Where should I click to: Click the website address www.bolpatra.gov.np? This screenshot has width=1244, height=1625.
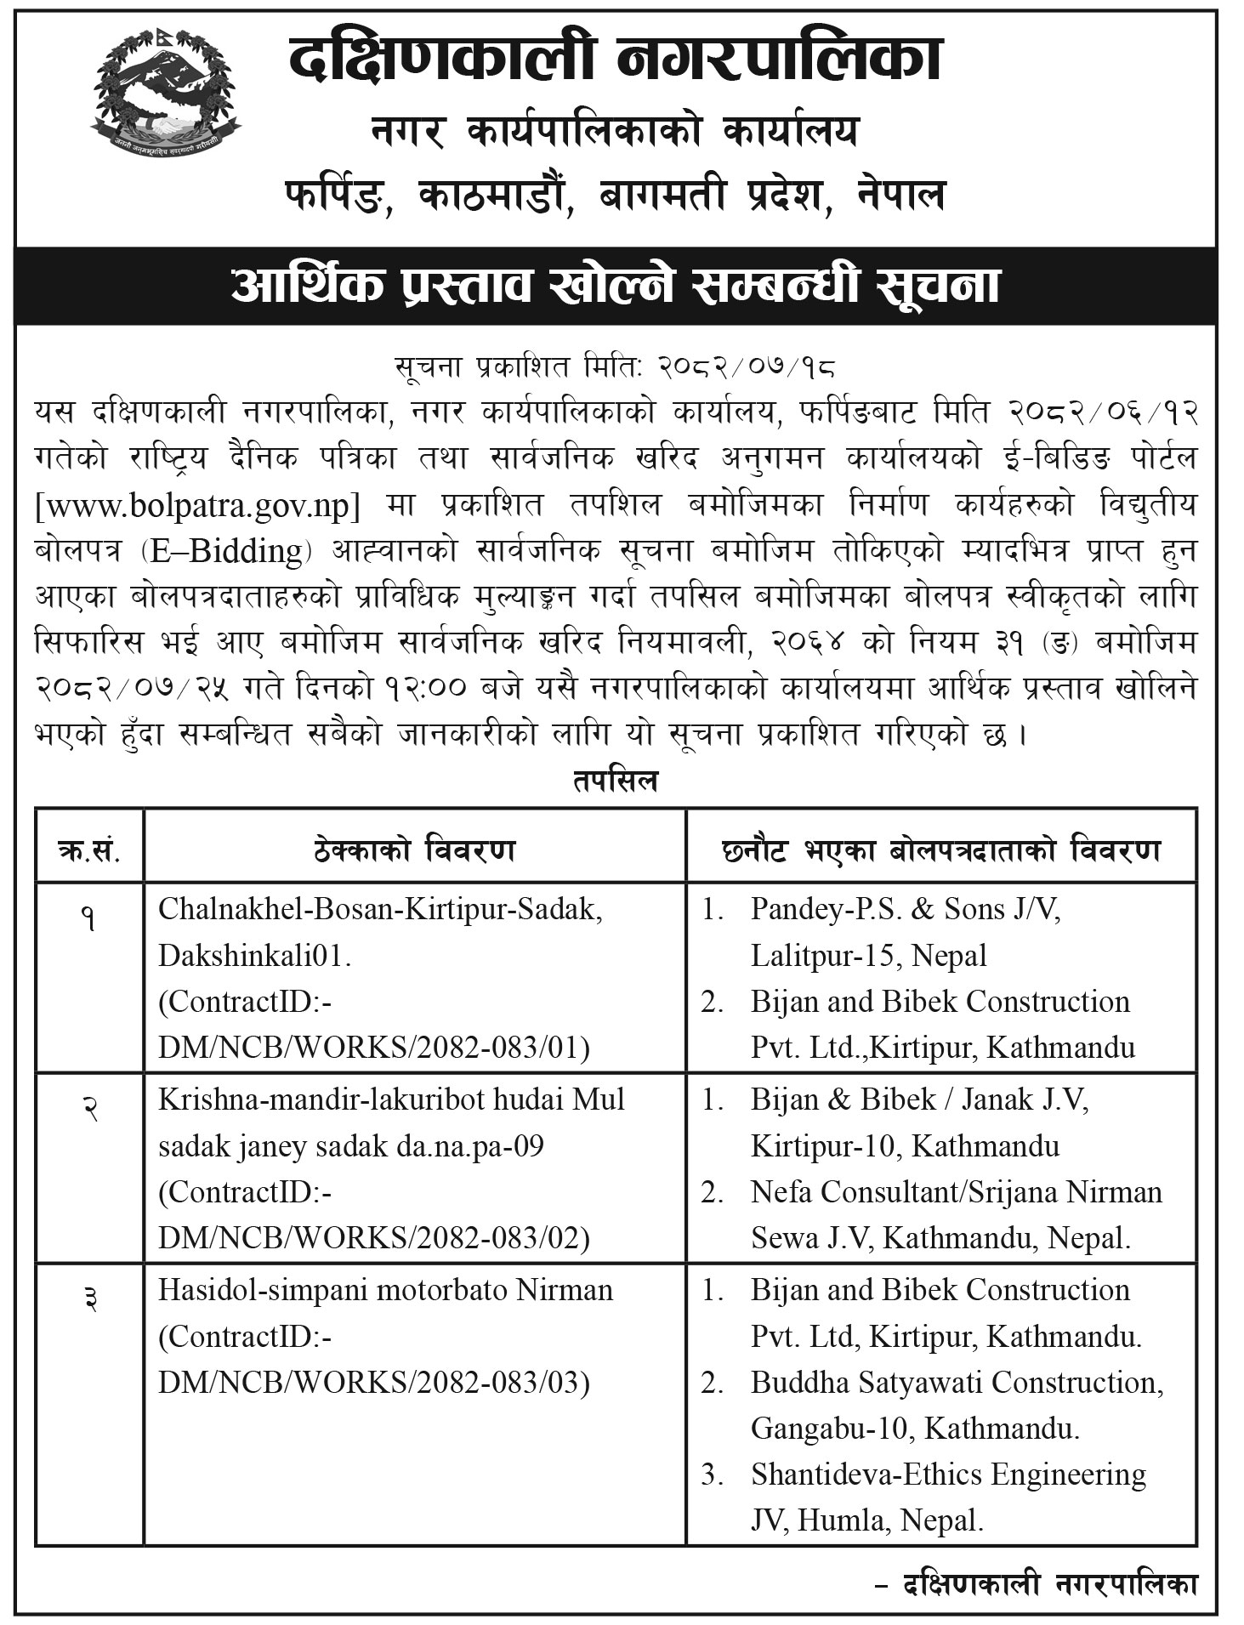tap(198, 506)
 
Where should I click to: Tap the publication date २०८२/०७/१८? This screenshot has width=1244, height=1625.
tap(747, 367)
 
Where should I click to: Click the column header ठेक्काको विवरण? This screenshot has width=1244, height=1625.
tap(414, 849)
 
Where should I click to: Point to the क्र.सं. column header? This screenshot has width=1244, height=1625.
tap(89, 849)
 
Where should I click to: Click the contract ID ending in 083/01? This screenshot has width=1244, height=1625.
tap(374, 1048)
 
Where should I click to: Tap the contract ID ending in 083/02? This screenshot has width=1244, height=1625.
tap(374, 1238)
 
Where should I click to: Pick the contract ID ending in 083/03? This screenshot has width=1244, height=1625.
tap(374, 1383)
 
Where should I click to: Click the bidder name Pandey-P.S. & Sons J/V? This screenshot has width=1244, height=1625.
tap(906, 909)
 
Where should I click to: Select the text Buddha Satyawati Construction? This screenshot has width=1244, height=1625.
tap(957, 1383)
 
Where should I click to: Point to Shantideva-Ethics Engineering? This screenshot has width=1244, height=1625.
tap(948, 1474)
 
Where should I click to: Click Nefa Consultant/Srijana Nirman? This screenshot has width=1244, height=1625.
tap(956, 1192)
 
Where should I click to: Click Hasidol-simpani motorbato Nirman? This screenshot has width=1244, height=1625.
tap(385, 1290)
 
